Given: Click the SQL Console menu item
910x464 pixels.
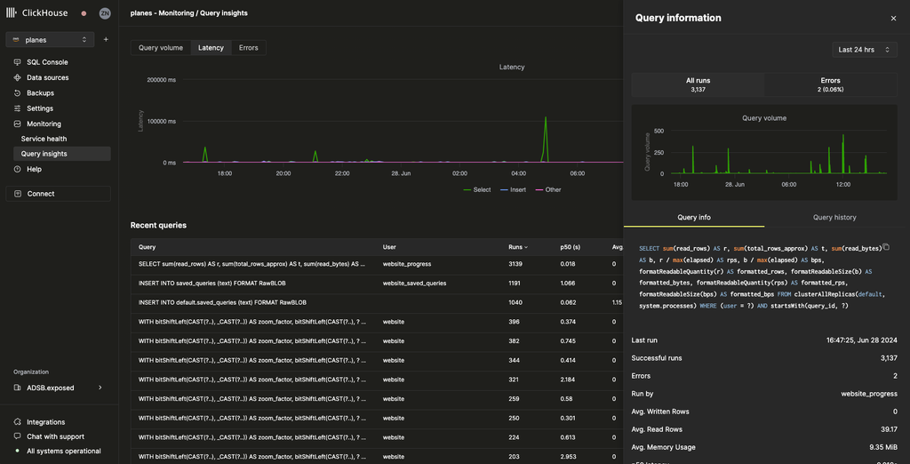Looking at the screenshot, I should click(x=47, y=62).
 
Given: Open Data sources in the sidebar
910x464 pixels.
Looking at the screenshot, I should click(x=47, y=77).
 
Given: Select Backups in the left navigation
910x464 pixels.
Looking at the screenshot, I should click(x=40, y=92).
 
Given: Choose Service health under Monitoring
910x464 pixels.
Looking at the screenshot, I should click(x=44, y=139).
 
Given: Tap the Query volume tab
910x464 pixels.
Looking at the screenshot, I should click(x=161, y=47).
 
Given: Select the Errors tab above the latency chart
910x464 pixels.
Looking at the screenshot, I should click(x=249, y=47).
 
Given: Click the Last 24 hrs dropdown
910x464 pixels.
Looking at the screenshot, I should click(x=864, y=50).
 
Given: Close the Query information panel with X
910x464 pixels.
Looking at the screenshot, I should click(x=893, y=18).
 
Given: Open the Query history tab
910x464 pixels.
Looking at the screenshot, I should click(x=834, y=217).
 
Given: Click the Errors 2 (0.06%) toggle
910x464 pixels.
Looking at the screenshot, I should click(x=830, y=84).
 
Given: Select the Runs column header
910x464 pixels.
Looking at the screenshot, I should click(x=517, y=247).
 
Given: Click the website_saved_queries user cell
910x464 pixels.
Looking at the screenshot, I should click(x=414, y=283).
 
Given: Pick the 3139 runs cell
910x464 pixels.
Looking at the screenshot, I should click(x=515, y=264).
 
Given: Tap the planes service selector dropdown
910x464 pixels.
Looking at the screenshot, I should click(x=50, y=40).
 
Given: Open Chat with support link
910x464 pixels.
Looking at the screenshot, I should click(x=55, y=436).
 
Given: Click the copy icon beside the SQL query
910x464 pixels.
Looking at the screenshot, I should click(x=885, y=247).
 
